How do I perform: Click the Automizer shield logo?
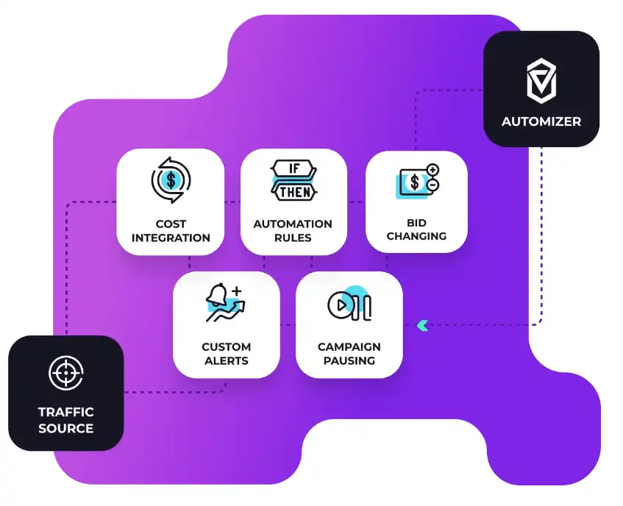[541, 81]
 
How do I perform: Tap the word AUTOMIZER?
[541, 121]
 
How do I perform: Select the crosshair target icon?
[65, 374]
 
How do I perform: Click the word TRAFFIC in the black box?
[66, 412]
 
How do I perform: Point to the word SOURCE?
[66, 429]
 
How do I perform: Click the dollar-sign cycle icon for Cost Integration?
[171, 179]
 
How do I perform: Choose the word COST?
[171, 224]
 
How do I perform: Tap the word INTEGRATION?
[171, 238]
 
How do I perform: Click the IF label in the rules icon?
[294, 168]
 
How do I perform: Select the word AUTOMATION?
[293, 224]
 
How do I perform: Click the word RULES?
[293, 238]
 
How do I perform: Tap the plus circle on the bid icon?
[432, 170]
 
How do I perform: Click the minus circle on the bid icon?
[432, 186]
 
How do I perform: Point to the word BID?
[416, 223]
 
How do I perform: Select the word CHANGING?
[416, 237]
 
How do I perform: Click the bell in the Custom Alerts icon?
[217, 296]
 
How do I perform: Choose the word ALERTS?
[227, 361]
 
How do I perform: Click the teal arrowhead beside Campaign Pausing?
[422, 324]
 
